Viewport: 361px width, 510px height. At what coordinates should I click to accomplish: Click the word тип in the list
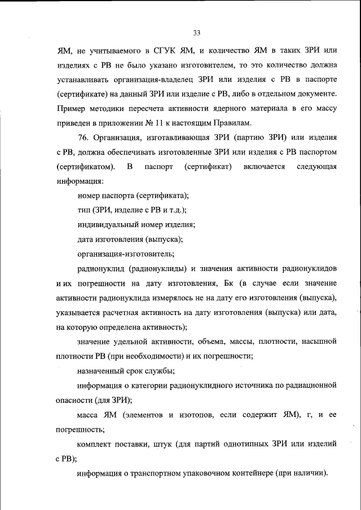[x=83, y=210]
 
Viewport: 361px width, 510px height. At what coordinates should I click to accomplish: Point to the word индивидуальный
[x=107, y=225]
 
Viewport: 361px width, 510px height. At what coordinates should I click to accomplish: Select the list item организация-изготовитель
[x=121, y=254]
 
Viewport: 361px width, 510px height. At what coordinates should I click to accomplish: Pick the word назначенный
[x=102, y=371]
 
